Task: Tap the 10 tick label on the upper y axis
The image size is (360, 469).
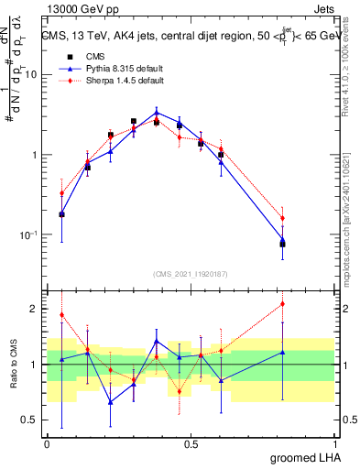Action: (30, 75)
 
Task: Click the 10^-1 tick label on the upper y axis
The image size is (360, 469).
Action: (28, 234)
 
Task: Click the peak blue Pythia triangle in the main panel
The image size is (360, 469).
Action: (158, 114)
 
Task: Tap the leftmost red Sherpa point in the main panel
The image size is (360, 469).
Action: (61, 193)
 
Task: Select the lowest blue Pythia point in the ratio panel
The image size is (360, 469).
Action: (110, 402)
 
